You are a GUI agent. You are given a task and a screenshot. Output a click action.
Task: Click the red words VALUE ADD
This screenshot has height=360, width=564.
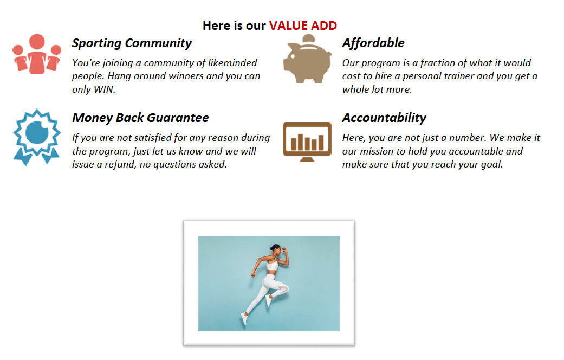pos(303,25)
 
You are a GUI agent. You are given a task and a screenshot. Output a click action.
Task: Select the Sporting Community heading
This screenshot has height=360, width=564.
pos(132,43)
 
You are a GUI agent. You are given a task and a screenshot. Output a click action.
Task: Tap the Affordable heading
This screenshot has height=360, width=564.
pos(373,43)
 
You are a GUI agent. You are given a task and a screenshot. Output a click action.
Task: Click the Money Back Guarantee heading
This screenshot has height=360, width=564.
pos(140,118)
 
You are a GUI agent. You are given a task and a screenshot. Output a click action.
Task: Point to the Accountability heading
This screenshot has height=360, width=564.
pos(384,118)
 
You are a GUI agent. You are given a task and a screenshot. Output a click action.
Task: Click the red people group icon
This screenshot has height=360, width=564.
pos(37,54)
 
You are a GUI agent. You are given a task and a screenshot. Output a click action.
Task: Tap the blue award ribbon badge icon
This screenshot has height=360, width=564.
pos(36,137)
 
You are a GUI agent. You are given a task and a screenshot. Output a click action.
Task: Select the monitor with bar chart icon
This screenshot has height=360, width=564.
pos(307,142)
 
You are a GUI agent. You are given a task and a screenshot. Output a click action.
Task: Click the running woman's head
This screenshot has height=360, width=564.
pos(276,249)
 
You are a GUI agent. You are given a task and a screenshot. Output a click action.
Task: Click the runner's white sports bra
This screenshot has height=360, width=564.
pos(273,266)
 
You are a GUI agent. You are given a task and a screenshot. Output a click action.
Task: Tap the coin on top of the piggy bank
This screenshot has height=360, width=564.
pos(309,38)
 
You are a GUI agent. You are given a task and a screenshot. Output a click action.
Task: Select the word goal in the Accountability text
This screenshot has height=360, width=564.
pos(492,165)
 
